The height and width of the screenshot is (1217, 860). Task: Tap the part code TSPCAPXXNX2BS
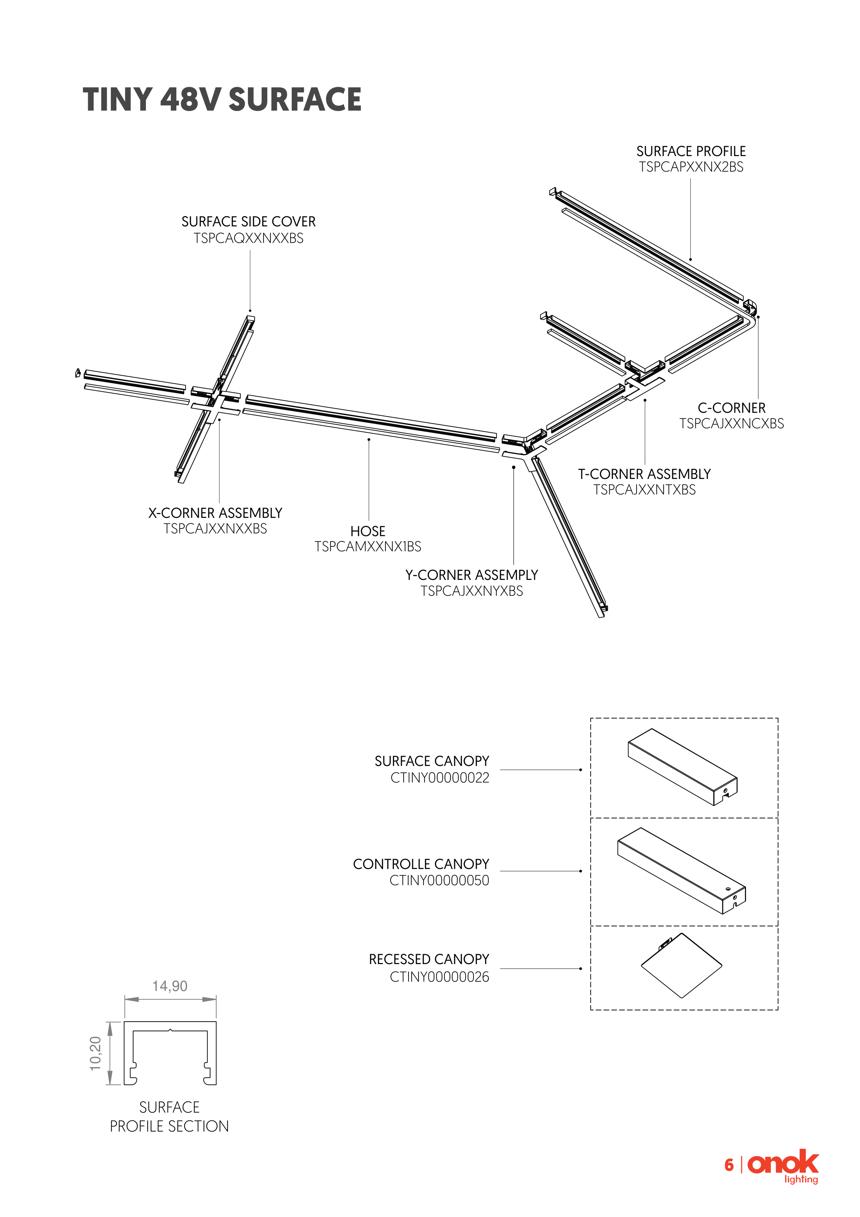click(691, 167)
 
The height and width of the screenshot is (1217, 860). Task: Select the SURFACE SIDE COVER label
click(249, 222)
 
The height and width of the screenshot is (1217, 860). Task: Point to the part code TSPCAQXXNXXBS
click(249, 238)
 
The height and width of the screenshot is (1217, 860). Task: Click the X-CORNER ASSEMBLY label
click(215, 513)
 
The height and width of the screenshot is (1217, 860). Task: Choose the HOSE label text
click(368, 531)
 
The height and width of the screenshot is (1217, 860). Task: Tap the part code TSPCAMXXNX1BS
click(368, 546)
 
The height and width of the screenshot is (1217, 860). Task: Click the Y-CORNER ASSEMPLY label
click(472, 575)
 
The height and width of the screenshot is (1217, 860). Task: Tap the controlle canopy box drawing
click(682, 870)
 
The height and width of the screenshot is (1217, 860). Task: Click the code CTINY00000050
click(439, 880)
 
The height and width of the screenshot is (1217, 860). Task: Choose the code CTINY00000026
click(439, 977)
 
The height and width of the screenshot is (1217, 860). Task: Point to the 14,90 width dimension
click(169, 986)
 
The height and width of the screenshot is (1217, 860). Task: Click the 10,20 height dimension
click(95, 1053)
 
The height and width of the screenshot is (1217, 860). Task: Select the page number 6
click(729, 1165)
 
